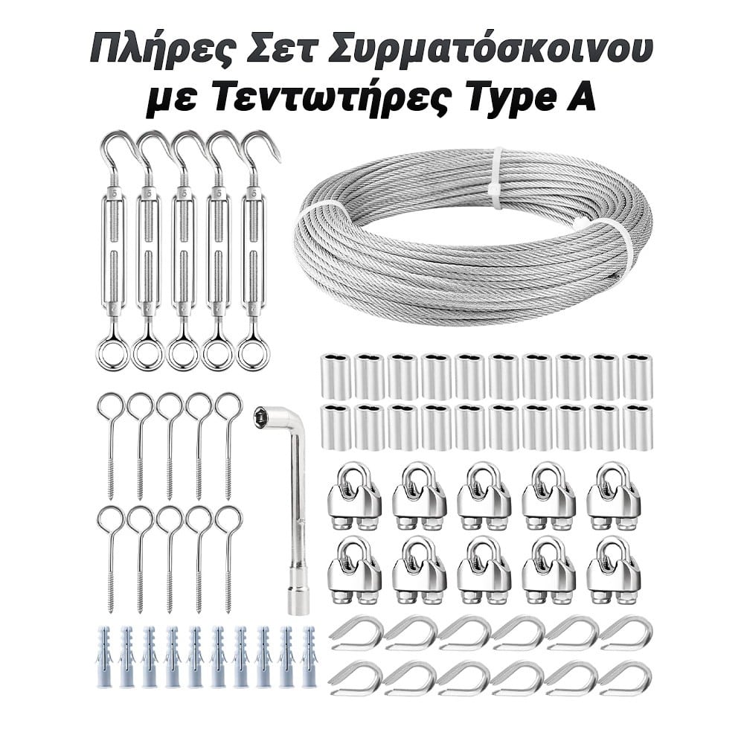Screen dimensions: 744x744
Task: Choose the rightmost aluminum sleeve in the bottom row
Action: point(638,427)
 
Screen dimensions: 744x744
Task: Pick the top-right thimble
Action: point(626,633)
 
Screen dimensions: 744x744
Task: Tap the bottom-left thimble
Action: point(356,678)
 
